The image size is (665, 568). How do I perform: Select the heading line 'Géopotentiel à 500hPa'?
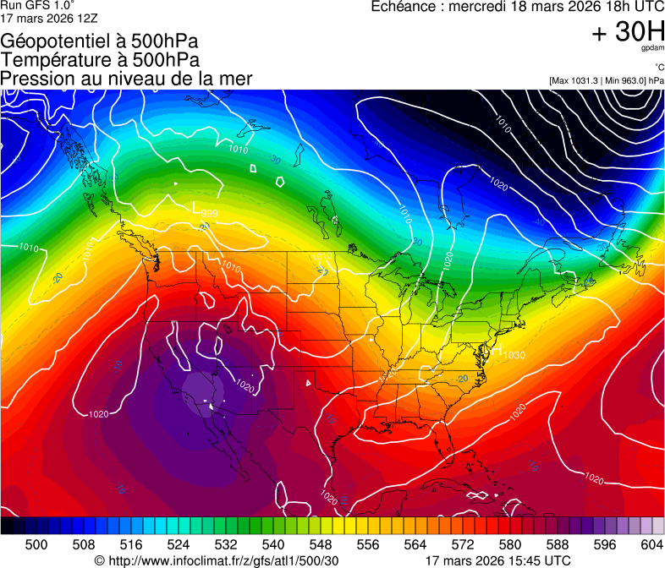click(x=100, y=41)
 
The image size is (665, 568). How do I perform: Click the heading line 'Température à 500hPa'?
click(x=100, y=60)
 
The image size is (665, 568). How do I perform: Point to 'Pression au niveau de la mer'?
click(x=126, y=79)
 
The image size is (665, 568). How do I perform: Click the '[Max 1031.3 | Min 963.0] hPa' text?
click(x=606, y=80)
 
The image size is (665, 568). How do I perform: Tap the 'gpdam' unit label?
click(x=653, y=49)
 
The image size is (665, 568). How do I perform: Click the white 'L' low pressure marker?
click(x=196, y=207)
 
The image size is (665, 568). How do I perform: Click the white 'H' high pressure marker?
click(x=497, y=349)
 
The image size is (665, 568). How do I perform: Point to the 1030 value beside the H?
click(x=514, y=355)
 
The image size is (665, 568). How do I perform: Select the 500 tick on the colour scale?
click(x=36, y=543)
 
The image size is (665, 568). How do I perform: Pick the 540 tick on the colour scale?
click(x=273, y=543)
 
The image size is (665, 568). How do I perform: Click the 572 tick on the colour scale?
click(x=463, y=543)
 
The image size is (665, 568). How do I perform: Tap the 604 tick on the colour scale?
click(x=651, y=543)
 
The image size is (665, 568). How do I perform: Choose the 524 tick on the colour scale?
click(x=179, y=543)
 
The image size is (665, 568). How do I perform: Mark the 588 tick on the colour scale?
click(x=558, y=543)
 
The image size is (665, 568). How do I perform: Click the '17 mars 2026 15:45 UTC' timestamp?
click(x=497, y=560)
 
